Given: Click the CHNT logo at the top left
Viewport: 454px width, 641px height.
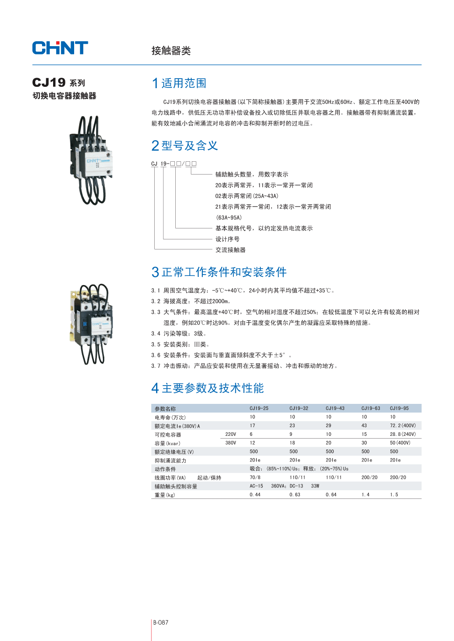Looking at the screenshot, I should coord(60,48).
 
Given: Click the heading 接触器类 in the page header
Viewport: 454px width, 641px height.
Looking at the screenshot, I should coord(171,51).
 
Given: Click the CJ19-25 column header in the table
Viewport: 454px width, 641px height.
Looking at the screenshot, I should coord(259,408).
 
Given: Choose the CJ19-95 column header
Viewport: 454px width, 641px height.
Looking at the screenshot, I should coord(399,408).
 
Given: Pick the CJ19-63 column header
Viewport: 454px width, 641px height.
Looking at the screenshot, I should coord(370,408).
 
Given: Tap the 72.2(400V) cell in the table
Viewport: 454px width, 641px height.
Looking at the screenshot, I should coord(403,426).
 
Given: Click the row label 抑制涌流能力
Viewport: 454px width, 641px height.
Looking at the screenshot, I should coord(170,461).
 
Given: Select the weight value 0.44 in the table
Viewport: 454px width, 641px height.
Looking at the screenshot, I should coord(255,495).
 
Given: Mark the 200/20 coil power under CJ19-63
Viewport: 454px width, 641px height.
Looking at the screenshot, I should coord(369,477).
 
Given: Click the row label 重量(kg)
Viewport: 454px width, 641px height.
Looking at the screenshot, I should coord(165,495).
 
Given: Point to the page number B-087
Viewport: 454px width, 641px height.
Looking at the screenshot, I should coord(161,622).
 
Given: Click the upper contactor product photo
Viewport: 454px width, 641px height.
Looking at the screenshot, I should coord(90,160).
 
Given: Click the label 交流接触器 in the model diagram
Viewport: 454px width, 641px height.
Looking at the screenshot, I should coord(230,250).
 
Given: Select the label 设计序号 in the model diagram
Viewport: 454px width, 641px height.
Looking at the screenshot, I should coord(227,239).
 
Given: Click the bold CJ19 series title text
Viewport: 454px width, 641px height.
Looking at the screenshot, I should coord(49,83).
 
